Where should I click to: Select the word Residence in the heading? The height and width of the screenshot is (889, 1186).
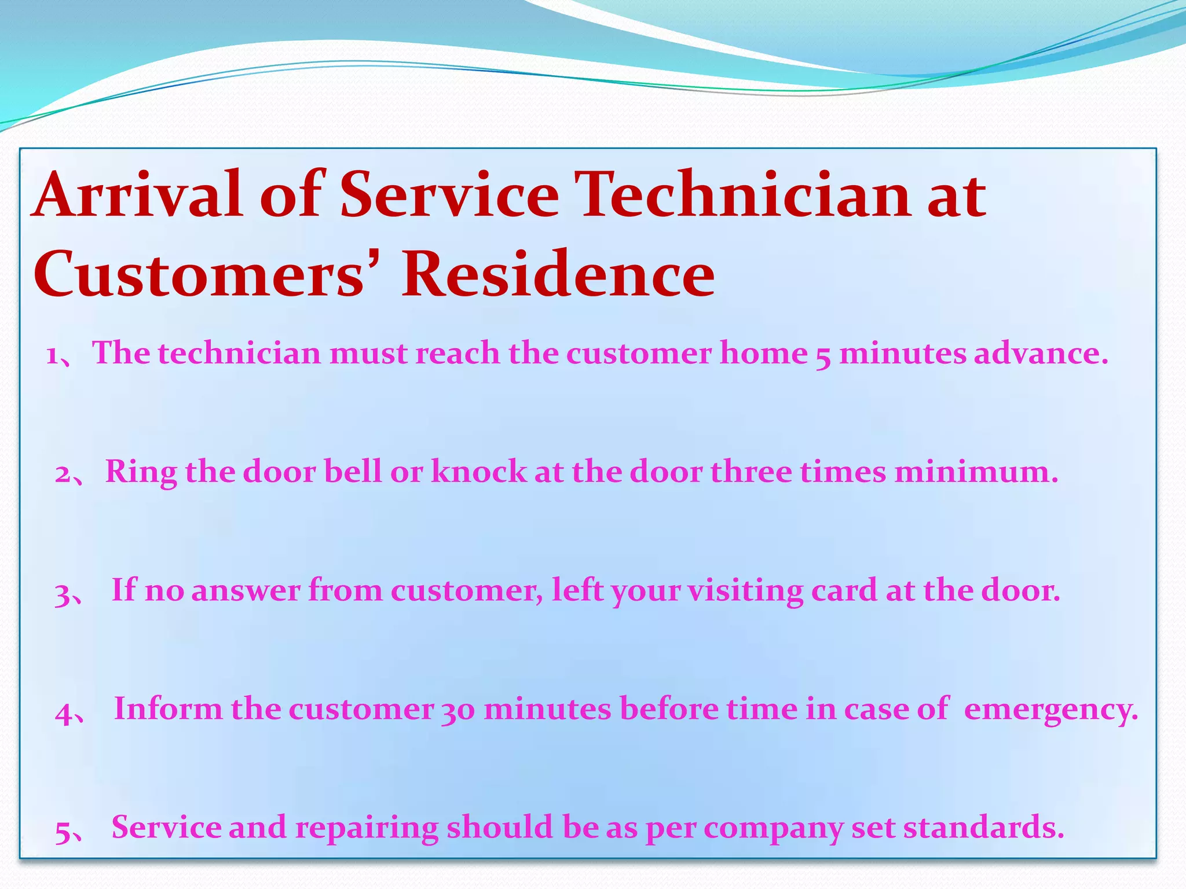558,274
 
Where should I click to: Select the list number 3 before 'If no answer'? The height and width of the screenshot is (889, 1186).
63,594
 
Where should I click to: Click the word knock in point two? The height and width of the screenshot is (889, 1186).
479,471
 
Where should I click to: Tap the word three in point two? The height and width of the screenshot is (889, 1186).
751,471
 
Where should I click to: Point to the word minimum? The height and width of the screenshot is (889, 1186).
975,471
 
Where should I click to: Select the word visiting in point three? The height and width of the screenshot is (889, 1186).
745,590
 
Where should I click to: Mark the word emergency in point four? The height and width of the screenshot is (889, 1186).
1050,710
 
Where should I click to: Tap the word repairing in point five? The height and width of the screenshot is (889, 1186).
367,828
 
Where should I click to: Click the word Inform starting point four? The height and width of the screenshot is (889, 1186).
168,708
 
